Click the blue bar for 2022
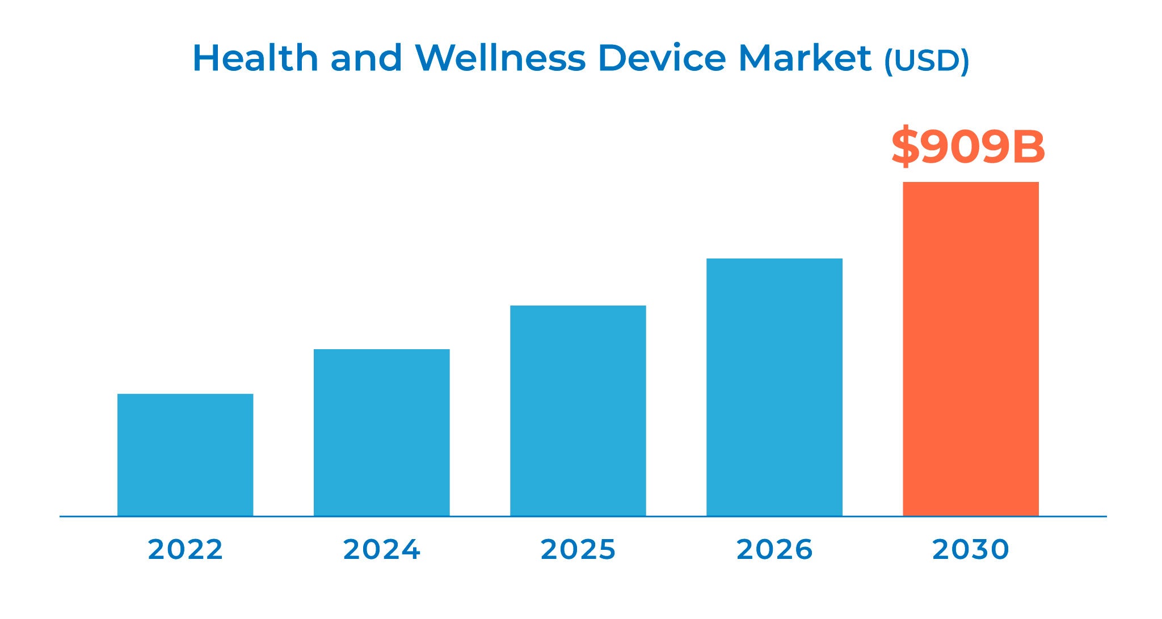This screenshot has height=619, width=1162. [x=185, y=455]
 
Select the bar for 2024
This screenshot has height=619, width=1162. [x=381, y=433]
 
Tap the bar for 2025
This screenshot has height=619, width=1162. [x=578, y=410]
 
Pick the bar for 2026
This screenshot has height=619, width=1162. [x=774, y=387]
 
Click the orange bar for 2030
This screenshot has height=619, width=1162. [x=970, y=349]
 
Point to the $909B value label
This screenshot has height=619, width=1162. [x=968, y=147]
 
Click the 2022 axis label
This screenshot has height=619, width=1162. [x=185, y=549]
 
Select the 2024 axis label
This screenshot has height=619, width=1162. [x=381, y=549]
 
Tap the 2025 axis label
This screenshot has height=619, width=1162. [x=578, y=549]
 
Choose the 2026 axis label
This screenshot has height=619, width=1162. [x=774, y=549]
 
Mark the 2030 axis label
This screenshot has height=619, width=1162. [x=970, y=549]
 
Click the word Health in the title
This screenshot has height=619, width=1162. [x=255, y=58]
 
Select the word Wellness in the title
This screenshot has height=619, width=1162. [x=500, y=58]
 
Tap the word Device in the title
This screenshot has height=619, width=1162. [x=662, y=58]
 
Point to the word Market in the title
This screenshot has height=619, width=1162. [x=805, y=58]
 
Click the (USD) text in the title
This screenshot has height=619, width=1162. [x=927, y=60]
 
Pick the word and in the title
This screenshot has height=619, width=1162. [x=366, y=58]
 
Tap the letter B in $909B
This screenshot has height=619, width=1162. [x=1026, y=147]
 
